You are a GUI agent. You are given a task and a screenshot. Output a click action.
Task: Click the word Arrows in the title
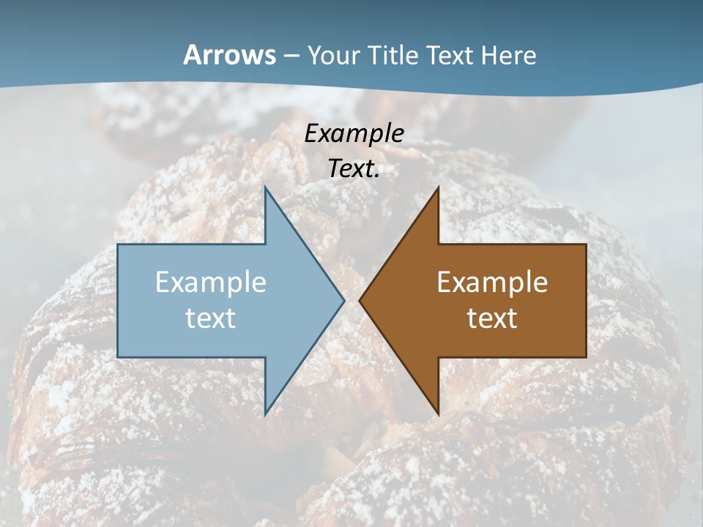click(229, 55)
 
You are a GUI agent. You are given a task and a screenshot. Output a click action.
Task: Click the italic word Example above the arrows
click(354, 133)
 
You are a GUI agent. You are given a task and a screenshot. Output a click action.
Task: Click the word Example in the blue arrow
click(211, 282)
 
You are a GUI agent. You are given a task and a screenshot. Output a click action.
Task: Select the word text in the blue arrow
click(211, 318)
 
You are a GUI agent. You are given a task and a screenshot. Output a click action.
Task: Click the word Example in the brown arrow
click(492, 282)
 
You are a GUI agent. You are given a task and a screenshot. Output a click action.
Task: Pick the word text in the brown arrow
click(492, 318)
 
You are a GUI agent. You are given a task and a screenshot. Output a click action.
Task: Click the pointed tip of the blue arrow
click(343, 300)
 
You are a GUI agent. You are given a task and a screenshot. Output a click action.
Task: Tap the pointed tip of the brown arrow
click(360, 300)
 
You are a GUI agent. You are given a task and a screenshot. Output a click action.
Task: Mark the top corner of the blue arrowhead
click(265, 187)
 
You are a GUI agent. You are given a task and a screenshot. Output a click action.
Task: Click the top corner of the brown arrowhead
click(438, 187)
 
